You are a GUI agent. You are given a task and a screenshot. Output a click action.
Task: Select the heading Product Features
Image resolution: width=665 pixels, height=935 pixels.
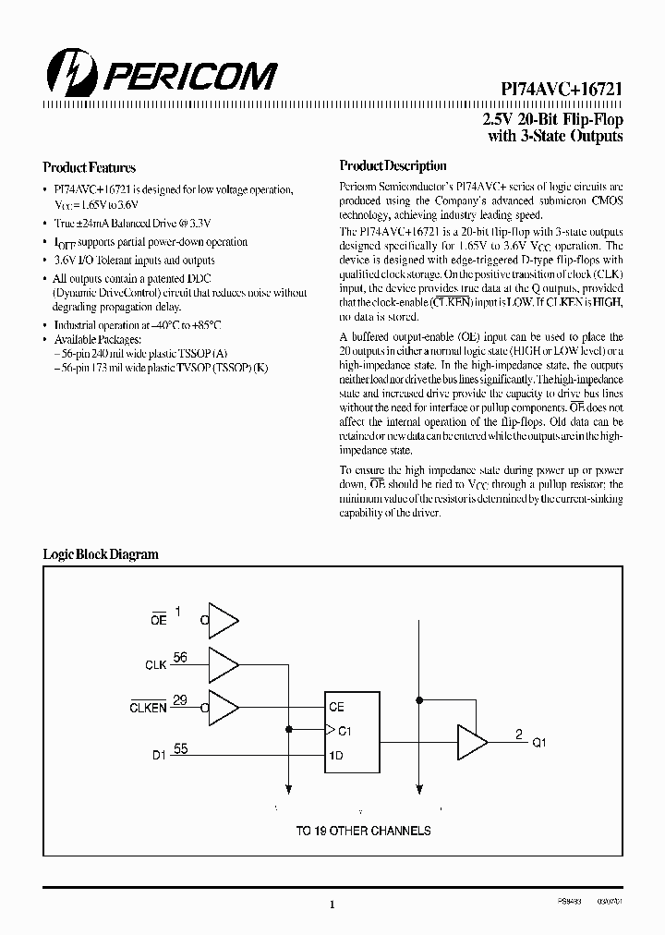point(90,168)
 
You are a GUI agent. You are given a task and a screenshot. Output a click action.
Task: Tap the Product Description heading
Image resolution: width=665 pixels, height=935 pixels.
point(393,166)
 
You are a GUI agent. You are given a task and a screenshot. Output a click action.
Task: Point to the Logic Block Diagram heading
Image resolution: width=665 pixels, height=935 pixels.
point(101,554)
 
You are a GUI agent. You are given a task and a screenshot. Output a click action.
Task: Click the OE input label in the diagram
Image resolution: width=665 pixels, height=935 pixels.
point(158,620)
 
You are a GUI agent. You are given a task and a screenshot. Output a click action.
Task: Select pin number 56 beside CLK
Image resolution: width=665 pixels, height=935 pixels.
point(180,658)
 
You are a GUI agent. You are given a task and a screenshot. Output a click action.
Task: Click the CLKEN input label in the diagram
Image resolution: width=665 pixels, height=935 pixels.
point(148,708)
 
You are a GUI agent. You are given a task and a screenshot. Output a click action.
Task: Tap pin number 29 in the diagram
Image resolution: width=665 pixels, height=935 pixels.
point(180,700)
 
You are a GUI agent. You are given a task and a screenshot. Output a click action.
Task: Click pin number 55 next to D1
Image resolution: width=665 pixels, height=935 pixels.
point(180,748)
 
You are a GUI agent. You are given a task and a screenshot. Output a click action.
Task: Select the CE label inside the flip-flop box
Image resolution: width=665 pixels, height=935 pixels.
point(336,707)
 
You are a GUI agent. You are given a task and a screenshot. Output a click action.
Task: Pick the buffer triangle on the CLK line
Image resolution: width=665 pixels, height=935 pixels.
point(224,663)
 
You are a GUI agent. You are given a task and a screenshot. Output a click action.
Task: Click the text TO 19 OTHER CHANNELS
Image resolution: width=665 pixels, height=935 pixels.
point(363,831)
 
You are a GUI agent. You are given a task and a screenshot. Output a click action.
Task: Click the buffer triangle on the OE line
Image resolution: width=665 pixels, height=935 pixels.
point(224,620)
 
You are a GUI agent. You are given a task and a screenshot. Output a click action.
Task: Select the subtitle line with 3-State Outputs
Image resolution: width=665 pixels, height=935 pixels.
point(554,137)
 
